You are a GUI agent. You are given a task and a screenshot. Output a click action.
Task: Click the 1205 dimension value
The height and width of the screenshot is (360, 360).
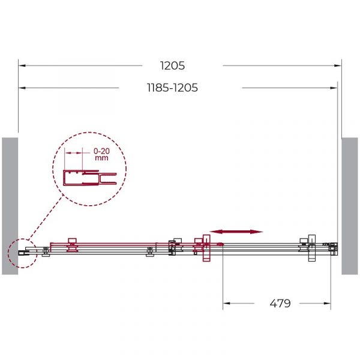pyautogui.click(x=172, y=65)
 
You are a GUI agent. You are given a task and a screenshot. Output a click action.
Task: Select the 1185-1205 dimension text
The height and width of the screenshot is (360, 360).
pyautogui.click(x=172, y=88)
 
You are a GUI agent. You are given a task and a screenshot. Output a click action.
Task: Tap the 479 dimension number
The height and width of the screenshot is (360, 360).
pyautogui.click(x=280, y=303)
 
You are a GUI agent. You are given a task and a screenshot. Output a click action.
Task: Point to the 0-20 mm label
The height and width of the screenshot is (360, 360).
pyautogui.click(x=101, y=154)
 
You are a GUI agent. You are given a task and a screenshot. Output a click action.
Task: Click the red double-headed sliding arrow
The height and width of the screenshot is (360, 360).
pyautogui.click(x=236, y=232)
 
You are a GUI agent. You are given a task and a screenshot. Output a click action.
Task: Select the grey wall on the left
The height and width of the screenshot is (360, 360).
pyautogui.click(x=10, y=206)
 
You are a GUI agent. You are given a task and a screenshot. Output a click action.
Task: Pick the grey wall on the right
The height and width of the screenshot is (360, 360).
pyautogui.click(x=350, y=206)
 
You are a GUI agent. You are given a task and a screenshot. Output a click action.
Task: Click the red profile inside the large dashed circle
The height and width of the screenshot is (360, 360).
pyautogui.click(x=89, y=178)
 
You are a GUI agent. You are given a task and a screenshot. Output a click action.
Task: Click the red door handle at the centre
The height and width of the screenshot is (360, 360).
pyautogui.click(x=206, y=248)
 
